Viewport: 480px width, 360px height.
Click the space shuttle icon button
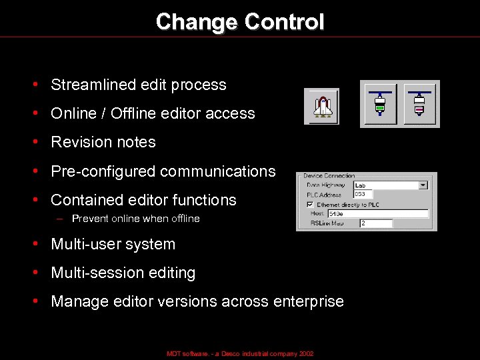pos(321,107)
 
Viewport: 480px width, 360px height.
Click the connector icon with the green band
pos(380,104)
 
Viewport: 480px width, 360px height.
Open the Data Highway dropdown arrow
pos(423,185)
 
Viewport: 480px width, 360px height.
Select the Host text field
pos(377,213)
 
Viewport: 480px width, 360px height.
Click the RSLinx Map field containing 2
pos(376,223)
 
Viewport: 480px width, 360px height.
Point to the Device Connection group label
pos(329,175)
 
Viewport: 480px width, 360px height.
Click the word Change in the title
pos(197,22)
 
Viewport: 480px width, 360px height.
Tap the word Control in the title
pos(284,22)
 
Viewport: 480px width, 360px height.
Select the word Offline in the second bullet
pos(132,113)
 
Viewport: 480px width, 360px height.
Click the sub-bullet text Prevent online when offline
pos(135,219)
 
